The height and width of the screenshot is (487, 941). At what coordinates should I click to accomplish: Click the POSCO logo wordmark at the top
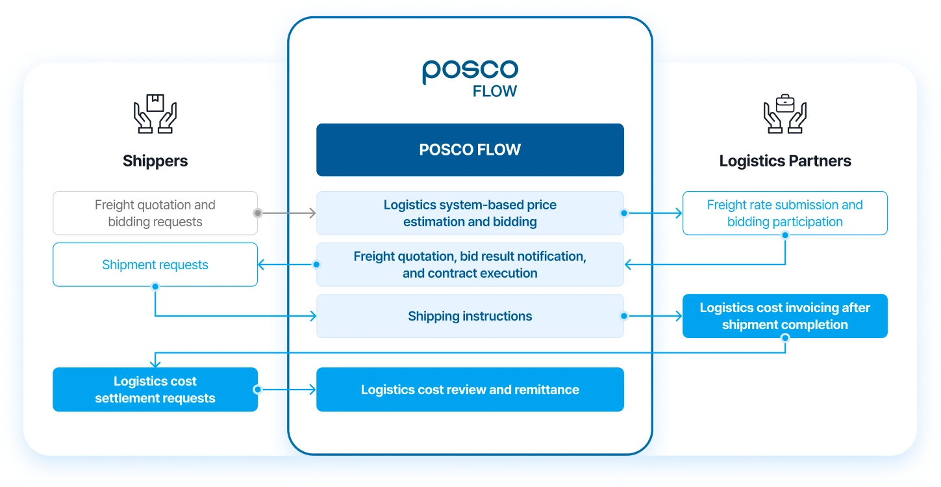[x=470, y=71]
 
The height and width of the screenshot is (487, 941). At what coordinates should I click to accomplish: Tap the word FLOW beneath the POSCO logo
[x=494, y=91]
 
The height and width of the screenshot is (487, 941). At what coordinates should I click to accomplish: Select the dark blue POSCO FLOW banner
[x=470, y=150]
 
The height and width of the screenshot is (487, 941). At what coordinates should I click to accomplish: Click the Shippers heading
[x=155, y=161]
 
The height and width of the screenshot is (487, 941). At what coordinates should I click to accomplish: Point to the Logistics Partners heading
[x=784, y=161]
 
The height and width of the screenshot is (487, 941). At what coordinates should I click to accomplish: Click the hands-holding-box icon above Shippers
[x=155, y=114]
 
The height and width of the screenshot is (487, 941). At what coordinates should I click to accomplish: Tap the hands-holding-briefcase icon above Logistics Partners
[x=784, y=114]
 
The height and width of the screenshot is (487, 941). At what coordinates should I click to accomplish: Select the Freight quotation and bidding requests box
[x=155, y=213]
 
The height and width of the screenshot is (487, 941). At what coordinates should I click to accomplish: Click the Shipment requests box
[x=155, y=265]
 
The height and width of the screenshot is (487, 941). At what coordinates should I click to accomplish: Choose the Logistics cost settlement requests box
[x=155, y=389]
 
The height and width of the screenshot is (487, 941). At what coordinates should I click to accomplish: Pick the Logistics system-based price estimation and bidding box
[x=470, y=213]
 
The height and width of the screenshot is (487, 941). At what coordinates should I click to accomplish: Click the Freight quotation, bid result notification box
[x=470, y=265]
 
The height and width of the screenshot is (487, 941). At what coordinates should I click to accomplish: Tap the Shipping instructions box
[x=470, y=316]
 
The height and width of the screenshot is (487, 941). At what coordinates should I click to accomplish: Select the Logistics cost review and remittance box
[x=470, y=389]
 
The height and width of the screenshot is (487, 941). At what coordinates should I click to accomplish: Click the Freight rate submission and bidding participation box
[x=784, y=213]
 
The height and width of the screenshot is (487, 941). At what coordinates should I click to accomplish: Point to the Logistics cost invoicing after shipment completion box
[x=784, y=316]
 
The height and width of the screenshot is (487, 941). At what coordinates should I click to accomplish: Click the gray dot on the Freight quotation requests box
[x=258, y=213]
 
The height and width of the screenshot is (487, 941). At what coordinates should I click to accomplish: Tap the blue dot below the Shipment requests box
[x=155, y=287]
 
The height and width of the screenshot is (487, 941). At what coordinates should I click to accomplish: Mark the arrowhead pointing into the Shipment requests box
[x=261, y=265]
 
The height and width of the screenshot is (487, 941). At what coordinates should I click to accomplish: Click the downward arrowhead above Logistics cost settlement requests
[x=155, y=363]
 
